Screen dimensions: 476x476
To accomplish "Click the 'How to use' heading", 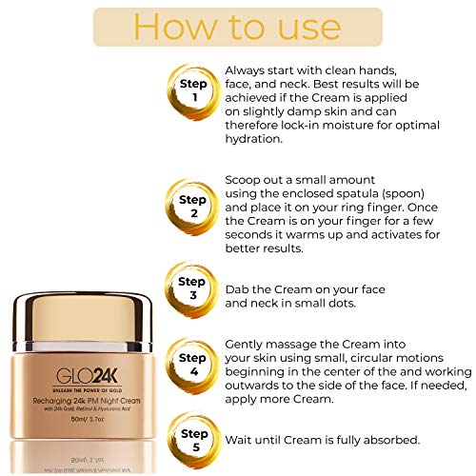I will [x=238, y=27].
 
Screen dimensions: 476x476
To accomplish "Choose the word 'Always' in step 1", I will [x=247, y=70].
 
